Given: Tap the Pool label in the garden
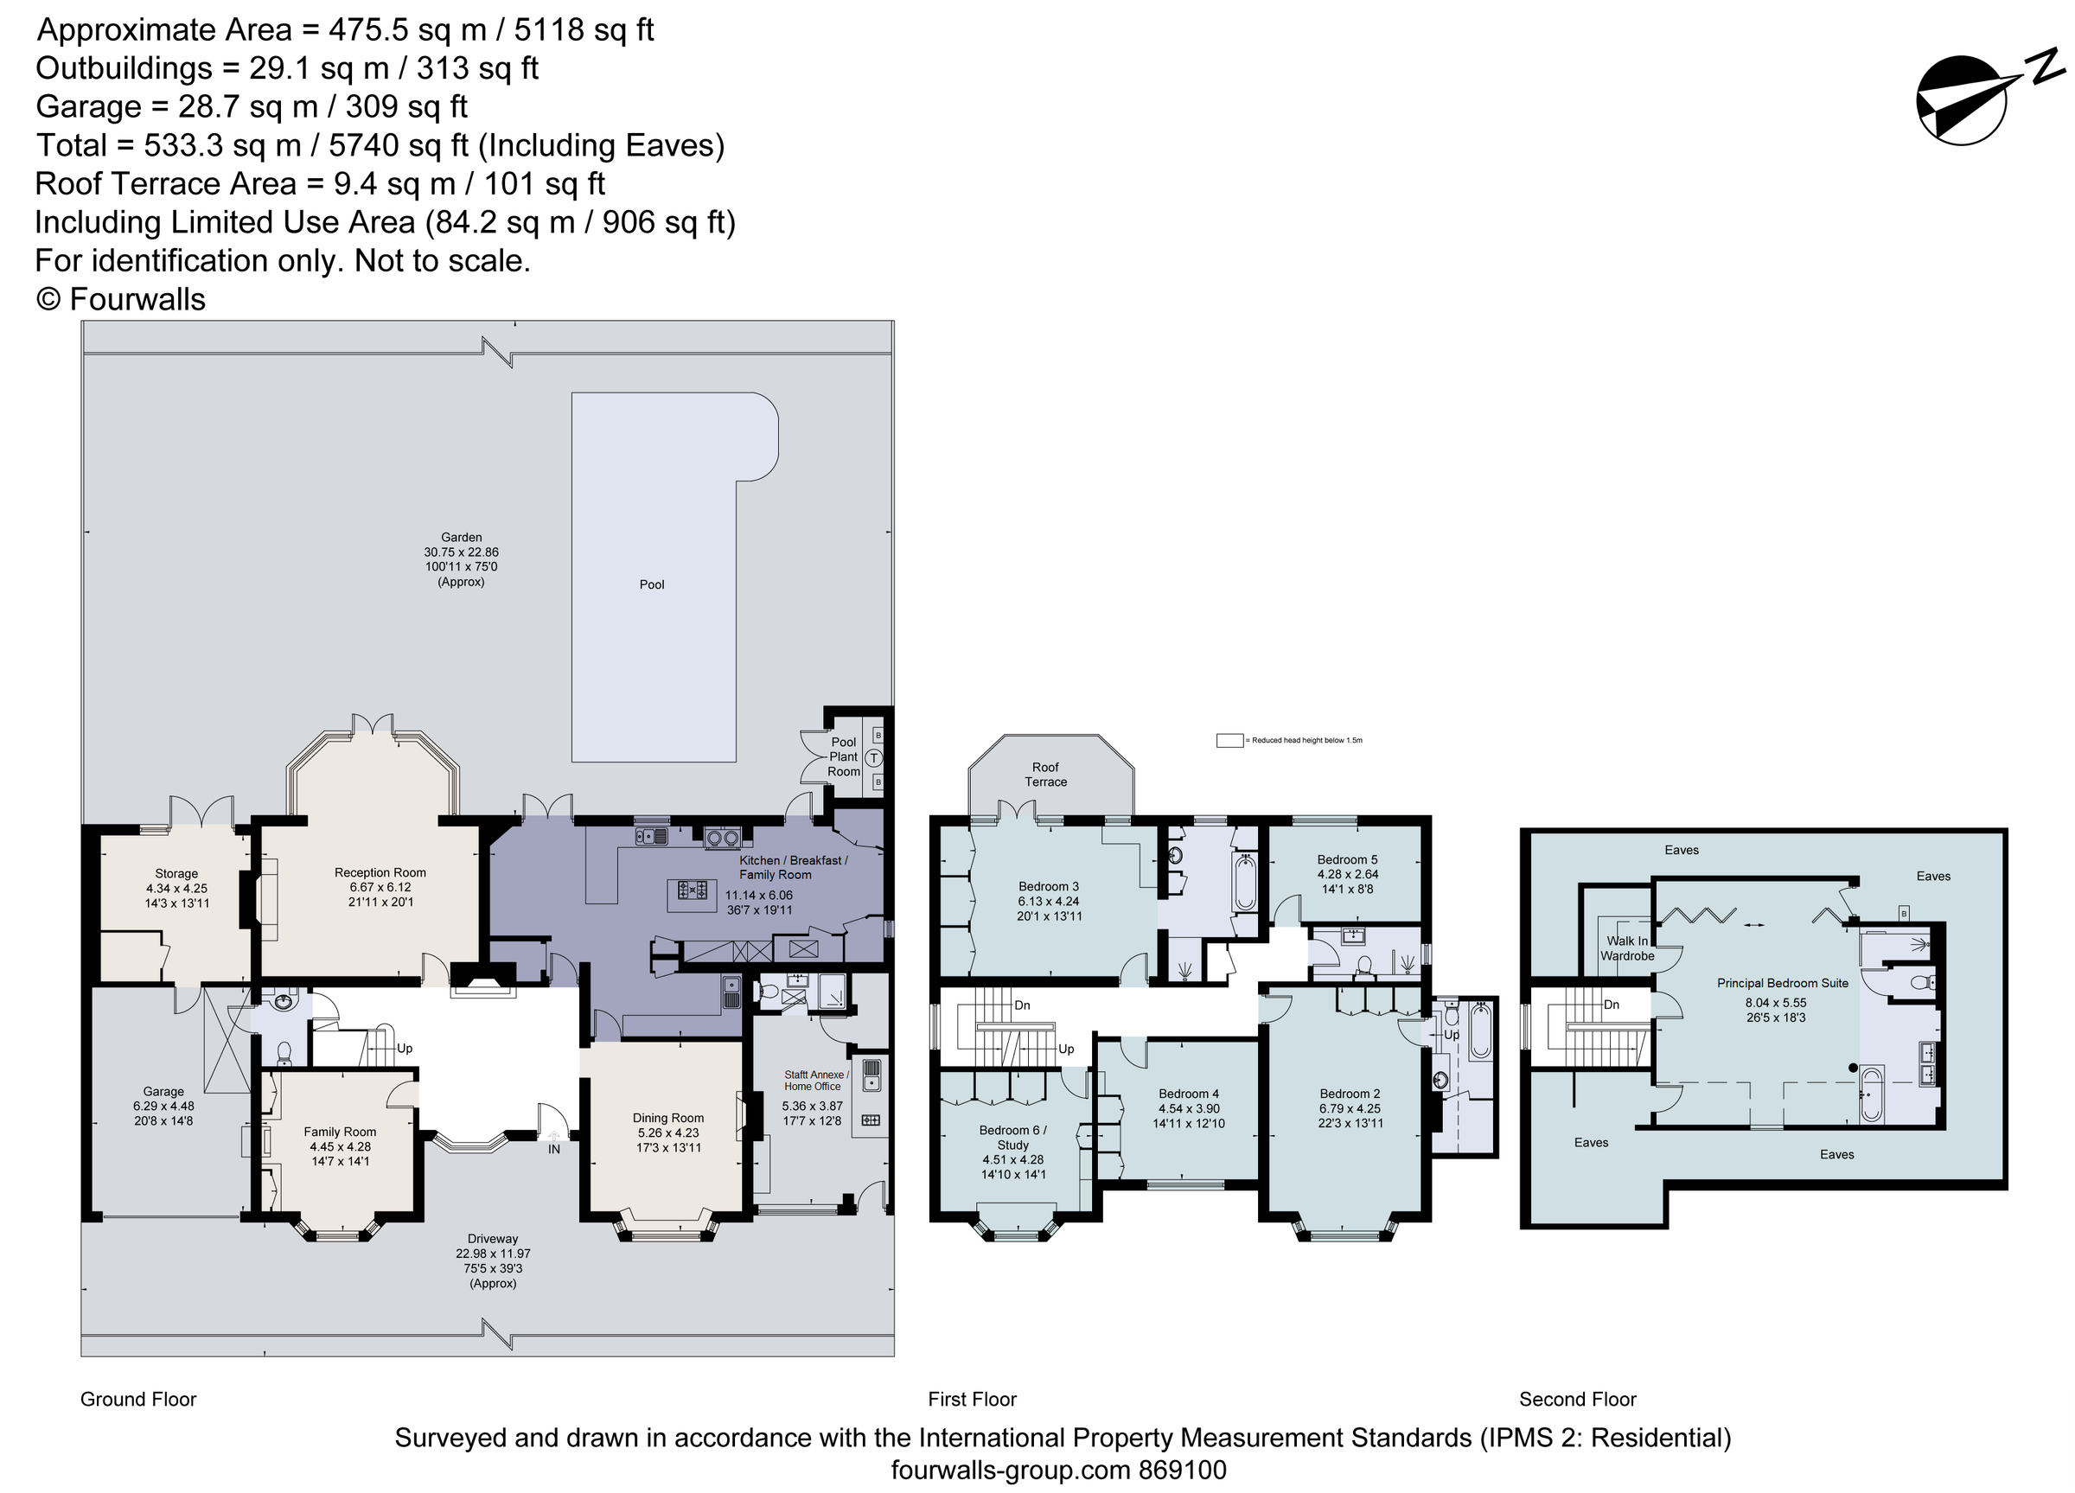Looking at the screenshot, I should [651, 584].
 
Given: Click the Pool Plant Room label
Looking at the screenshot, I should [843, 756].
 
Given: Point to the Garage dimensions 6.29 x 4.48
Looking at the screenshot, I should [163, 1106].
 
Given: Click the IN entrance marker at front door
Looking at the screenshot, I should [553, 1149].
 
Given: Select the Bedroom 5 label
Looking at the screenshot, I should [1347, 859].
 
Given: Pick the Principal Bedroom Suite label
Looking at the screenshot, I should [1782, 984].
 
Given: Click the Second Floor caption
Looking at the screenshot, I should [1577, 1399].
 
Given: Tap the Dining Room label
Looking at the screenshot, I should [667, 1118].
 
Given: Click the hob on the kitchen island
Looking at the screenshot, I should [692, 889].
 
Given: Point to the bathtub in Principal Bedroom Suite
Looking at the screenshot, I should [1871, 1094].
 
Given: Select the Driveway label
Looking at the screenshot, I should [492, 1239].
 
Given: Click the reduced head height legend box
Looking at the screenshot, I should [1229, 740].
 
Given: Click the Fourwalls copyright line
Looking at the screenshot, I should [121, 299].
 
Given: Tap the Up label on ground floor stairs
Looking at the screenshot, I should [405, 1049].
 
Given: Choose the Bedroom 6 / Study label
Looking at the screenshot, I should [1012, 1137].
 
